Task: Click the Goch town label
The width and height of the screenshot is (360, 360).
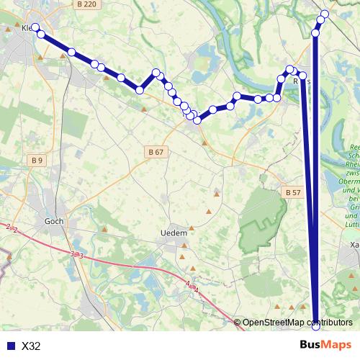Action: [54, 222]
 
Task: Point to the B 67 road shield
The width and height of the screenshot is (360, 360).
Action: [156, 152]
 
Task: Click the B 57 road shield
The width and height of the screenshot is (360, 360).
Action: [292, 193]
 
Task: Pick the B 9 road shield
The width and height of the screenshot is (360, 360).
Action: [37, 160]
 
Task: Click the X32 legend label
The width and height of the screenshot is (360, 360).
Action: [31, 346]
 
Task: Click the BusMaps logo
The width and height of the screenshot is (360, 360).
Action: [325, 346]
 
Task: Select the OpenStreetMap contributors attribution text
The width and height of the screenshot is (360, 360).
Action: [297, 323]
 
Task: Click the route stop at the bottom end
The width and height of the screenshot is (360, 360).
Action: [315, 326]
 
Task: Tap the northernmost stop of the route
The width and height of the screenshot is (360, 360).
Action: [325, 14]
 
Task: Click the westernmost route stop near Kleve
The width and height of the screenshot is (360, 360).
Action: [35, 27]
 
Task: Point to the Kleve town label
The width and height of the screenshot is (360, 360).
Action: [27, 29]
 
